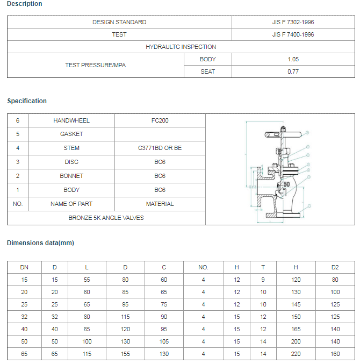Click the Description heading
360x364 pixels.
tap(24, 4)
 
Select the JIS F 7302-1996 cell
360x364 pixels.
tap(293, 22)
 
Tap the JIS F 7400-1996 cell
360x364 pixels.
tap(293, 34)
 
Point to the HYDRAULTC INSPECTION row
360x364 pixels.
tap(181, 47)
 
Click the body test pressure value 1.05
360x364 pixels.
tap(293, 59)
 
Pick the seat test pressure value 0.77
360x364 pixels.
tap(293, 72)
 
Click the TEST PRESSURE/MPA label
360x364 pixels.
tap(95, 65)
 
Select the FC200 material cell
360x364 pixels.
tap(160, 120)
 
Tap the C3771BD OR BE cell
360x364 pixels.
tap(160, 148)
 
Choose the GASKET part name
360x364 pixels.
tap(71, 134)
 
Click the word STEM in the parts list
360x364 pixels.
tap(71, 148)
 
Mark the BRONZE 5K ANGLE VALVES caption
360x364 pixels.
tap(106, 218)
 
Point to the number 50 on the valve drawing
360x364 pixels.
tap(286, 184)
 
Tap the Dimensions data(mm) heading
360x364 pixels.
tap(40, 243)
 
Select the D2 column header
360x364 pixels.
tap(335, 267)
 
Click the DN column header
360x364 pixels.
tap(24, 267)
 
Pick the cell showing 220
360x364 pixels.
tap(296, 354)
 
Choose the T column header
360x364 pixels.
tap(263, 267)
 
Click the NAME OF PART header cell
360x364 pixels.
tap(71, 204)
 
